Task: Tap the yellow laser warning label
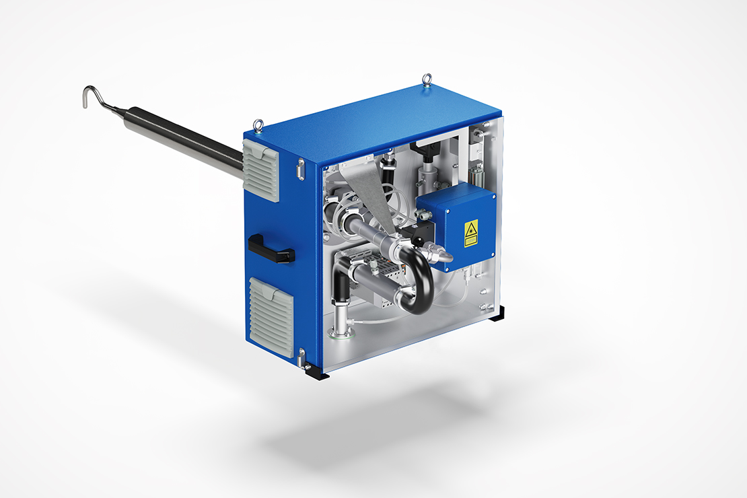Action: [x=471, y=233]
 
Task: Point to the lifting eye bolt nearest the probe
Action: [x=258, y=124]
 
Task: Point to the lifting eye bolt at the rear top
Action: [x=427, y=81]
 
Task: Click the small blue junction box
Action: [x=458, y=229]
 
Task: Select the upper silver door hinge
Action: [x=300, y=168]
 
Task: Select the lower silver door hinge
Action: [x=302, y=357]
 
